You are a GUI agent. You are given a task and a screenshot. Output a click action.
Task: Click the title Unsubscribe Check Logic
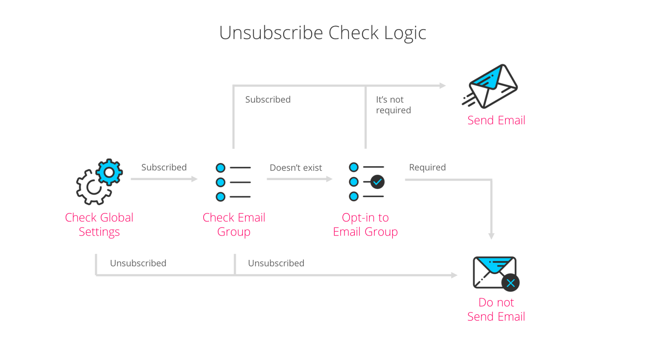pos(322,33)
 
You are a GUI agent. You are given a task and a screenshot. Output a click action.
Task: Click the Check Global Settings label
pos(99,224)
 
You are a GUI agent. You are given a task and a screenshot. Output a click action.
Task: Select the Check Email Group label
pos(234,224)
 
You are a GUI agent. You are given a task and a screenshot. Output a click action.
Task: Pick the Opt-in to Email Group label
pos(365,224)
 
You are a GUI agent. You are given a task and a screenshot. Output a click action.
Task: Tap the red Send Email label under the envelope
pos(496,120)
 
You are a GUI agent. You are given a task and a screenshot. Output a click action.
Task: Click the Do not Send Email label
pos(496,309)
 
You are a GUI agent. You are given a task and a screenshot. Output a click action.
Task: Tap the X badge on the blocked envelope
pos(510,283)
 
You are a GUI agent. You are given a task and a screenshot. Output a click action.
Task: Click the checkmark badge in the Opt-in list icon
pos(377,182)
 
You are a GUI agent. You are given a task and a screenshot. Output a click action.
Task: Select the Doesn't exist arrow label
pos(296,168)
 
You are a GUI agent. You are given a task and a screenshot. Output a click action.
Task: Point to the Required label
pos(427,167)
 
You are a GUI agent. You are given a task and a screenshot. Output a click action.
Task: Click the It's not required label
pos(393,105)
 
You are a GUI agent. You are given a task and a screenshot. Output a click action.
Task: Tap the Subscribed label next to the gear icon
pos(164,167)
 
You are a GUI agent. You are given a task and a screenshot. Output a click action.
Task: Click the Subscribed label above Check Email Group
pos(268,100)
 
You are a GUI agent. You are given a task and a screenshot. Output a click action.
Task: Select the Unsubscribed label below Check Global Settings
pos(138,264)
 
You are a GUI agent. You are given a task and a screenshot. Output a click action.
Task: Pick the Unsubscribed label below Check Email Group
pos(276,264)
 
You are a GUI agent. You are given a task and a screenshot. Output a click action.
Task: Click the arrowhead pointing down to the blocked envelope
pos(491,236)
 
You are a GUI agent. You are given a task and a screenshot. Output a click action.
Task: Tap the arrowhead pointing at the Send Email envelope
pos(443,86)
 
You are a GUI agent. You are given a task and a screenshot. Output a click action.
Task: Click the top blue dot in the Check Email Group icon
pos(220,168)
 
